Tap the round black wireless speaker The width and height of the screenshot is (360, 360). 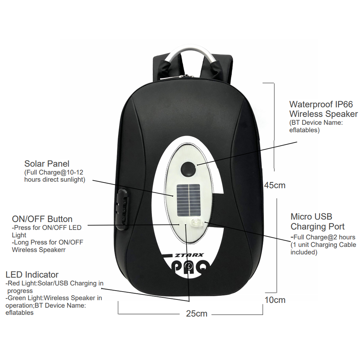point(188,169)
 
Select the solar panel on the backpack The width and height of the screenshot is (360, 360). point(189,199)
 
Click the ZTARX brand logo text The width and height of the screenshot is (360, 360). point(189,255)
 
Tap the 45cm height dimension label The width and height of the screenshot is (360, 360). point(275,185)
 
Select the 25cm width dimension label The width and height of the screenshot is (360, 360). point(197,314)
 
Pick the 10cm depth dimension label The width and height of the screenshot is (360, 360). point(275,300)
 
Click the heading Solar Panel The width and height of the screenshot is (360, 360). point(46,164)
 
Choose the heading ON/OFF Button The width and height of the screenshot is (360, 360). point(42,219)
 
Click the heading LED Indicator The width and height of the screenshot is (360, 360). point(32,275)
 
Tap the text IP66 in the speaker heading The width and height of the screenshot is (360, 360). point(344,104)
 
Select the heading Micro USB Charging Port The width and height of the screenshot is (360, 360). point(318,221)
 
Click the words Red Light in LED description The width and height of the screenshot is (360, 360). point(22,283)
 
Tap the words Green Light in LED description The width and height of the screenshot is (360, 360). point(25,298)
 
